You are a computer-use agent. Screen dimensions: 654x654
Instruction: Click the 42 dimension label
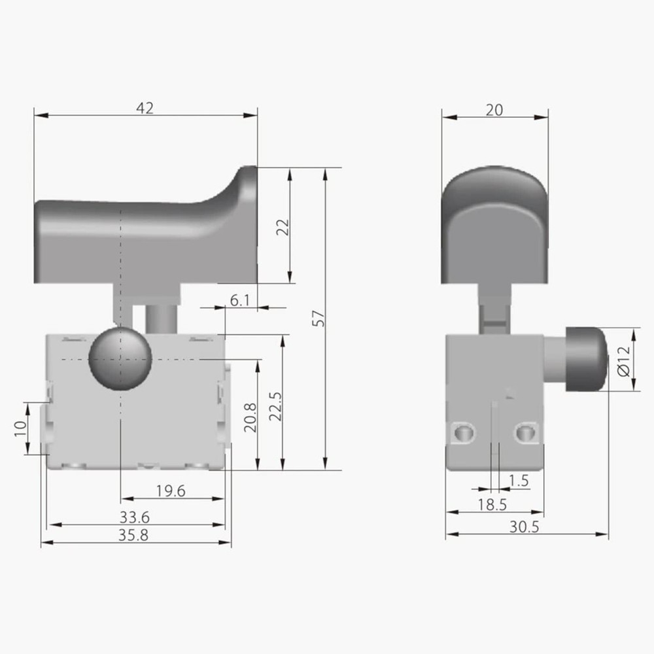[145, 108]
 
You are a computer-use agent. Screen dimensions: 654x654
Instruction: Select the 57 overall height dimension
[318, 318]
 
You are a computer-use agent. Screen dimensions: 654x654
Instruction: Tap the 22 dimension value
[283, 226]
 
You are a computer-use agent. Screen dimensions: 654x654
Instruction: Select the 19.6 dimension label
[171, 491]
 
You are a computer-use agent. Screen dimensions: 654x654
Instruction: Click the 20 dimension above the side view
[494, 110]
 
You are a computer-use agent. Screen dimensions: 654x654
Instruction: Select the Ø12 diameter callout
[623, 359]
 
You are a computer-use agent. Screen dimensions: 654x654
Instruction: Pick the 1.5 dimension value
[519, 481]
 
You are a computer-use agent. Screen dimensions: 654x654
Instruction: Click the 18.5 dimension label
[492, 504]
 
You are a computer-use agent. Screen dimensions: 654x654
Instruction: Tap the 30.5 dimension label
[525, 526]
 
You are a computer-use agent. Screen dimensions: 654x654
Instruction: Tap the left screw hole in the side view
[464, 431]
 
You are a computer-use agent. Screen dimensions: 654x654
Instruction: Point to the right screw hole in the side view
[525, 431]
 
